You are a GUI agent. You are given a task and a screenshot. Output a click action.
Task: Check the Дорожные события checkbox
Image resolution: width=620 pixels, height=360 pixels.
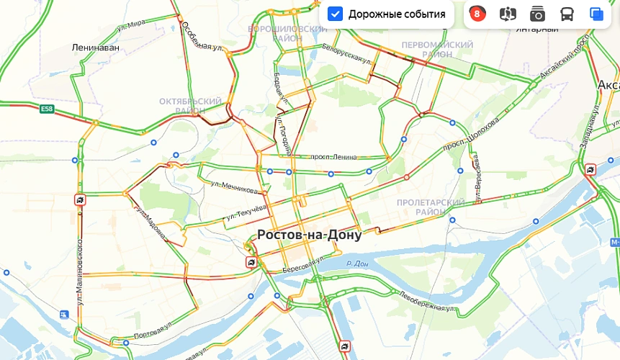point(335,14)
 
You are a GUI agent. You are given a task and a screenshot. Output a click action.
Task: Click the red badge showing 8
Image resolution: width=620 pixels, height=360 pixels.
point(477,14)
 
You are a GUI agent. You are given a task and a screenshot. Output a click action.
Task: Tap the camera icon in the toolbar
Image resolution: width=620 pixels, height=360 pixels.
point(537,14)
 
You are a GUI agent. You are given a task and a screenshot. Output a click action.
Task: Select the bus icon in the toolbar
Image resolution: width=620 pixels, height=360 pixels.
point(567,14)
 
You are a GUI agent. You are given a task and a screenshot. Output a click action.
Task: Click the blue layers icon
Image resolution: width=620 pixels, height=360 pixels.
point(596,14)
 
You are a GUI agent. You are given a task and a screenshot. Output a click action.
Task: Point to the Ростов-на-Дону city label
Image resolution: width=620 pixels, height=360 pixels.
point(309,235)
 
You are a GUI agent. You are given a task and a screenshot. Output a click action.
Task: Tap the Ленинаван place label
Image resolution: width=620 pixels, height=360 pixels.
point(96,48)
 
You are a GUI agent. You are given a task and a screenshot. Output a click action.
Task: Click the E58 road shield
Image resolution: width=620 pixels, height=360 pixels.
point(47,109)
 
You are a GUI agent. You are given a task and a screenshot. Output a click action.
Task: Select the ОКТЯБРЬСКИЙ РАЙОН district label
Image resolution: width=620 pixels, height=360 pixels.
point(191,106)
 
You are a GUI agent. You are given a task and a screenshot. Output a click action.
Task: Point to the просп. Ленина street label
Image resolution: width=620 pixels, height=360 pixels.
point(333,157)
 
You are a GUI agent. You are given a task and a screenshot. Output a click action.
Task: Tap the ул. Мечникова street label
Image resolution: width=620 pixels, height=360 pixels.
point(234,188)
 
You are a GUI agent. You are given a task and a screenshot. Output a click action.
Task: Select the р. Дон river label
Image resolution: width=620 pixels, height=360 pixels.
point(357,264)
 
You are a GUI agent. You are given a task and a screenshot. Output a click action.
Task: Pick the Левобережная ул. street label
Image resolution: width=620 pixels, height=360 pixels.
point(428,302)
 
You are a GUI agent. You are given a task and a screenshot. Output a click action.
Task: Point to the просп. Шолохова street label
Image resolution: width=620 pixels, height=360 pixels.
point(471,134)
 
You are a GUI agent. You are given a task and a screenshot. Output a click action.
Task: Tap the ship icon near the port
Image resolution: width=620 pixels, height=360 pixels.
point(64,315)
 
